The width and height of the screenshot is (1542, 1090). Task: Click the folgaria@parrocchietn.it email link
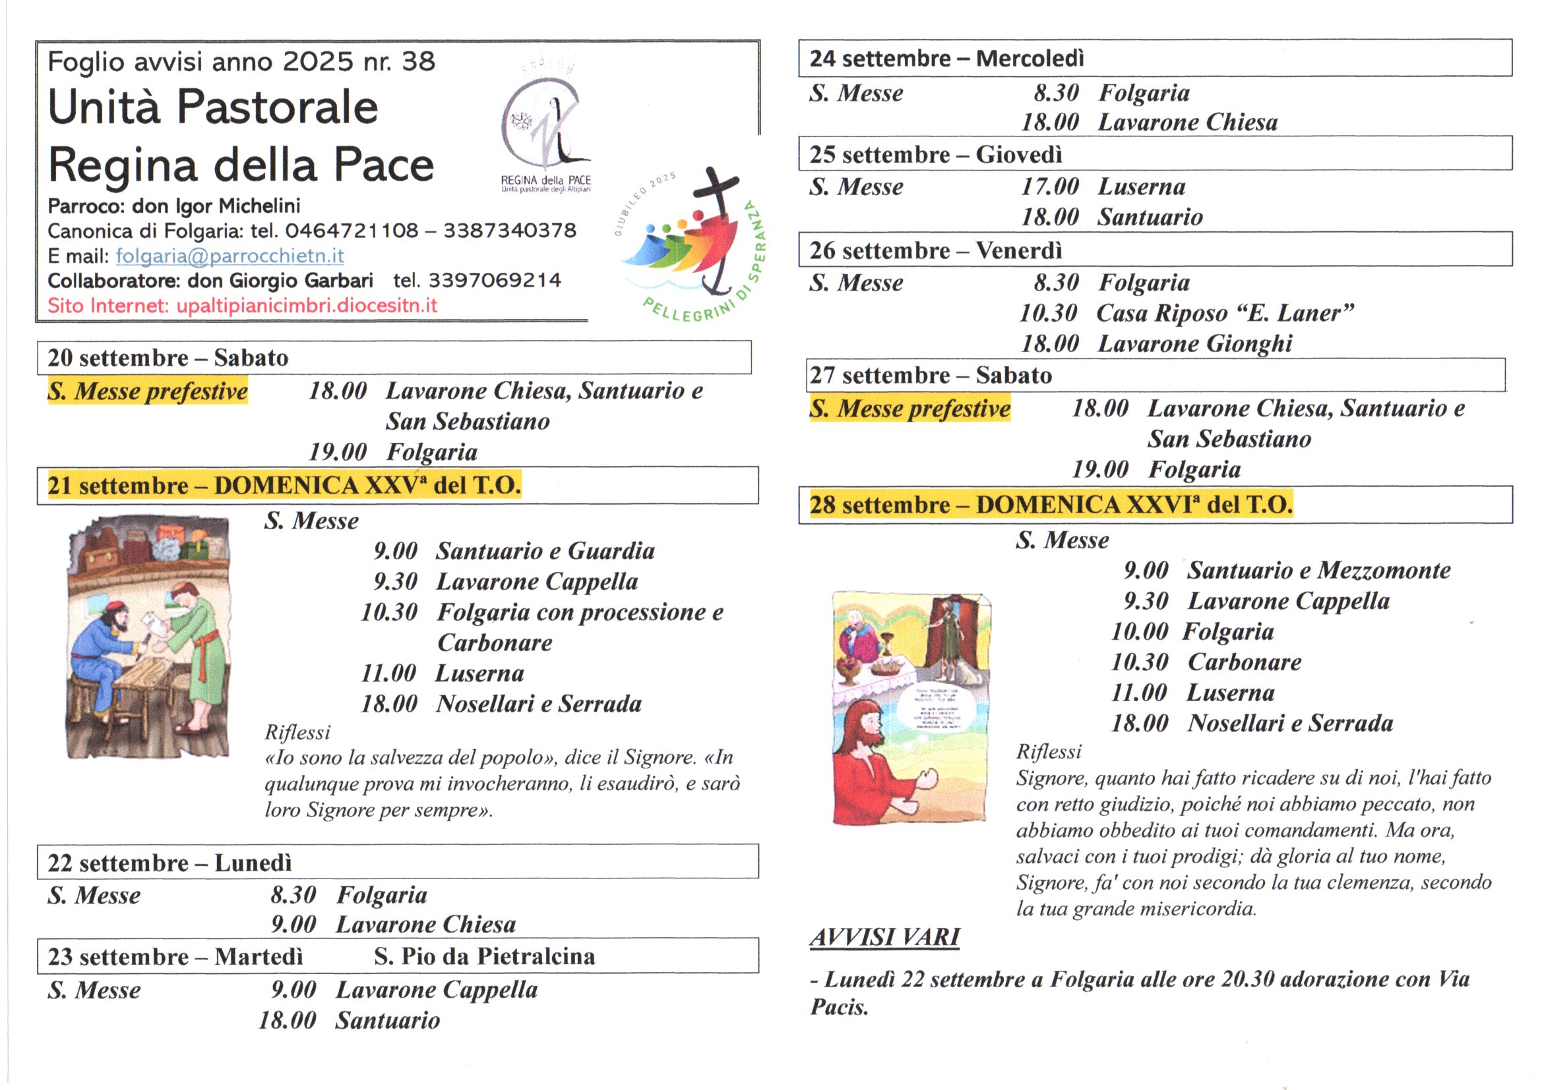click(230, 256)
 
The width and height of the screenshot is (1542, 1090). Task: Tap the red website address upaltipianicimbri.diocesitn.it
click(306, 306)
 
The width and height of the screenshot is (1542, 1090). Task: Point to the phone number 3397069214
click(494, 281)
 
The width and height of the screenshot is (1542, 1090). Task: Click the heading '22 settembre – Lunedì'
click(170, 863)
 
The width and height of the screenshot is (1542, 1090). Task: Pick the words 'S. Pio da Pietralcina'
click(484, 956)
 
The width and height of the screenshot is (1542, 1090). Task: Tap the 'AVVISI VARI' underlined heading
click(884, 937)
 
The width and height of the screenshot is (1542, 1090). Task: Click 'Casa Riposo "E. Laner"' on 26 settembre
click(1224, 314)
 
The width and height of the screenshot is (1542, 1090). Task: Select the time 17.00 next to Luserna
click(1049, 186)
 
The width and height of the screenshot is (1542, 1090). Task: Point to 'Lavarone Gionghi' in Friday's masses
click(1195, 343)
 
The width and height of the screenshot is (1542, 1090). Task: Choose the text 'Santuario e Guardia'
click(545, 551)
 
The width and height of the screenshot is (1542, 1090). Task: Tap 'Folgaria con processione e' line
click(580, 612)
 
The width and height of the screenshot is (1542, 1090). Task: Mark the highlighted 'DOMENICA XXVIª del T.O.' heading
click(1134, 505)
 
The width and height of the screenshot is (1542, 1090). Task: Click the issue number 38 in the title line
click(418, 62)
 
